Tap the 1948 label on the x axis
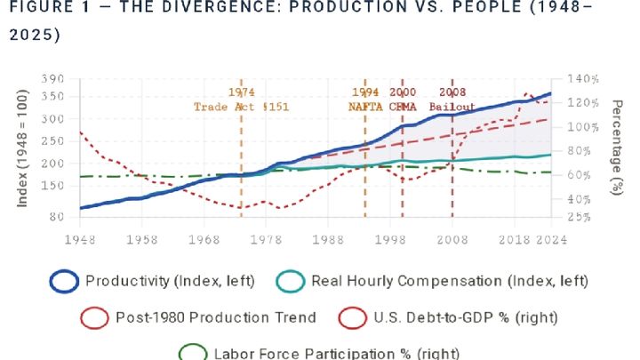click(80, 240)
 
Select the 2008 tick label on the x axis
click(452, 240)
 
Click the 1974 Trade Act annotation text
click(242, 100)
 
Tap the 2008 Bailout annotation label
click(452, 100)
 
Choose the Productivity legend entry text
click(170, 282)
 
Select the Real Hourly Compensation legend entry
click(449, 282)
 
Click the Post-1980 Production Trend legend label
click(215, 317)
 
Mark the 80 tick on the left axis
click(58, 216)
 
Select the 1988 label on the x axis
click(329, 240)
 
